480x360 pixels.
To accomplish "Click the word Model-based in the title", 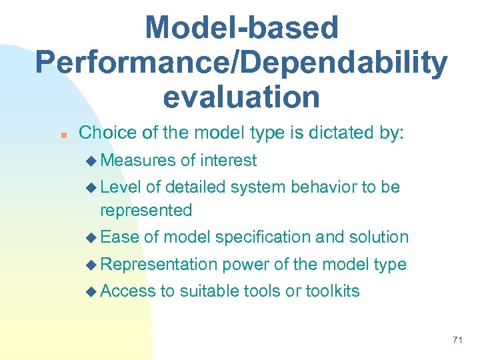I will coord(241,28).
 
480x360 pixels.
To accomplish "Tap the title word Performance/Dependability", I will coord(241,63).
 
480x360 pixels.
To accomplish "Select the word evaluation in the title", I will coord(241,97).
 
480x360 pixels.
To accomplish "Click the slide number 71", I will coord(457,340).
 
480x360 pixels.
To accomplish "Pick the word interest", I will coord(229,161).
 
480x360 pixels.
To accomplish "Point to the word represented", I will coord(145,211).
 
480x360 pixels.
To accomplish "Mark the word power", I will coord(247,265).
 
